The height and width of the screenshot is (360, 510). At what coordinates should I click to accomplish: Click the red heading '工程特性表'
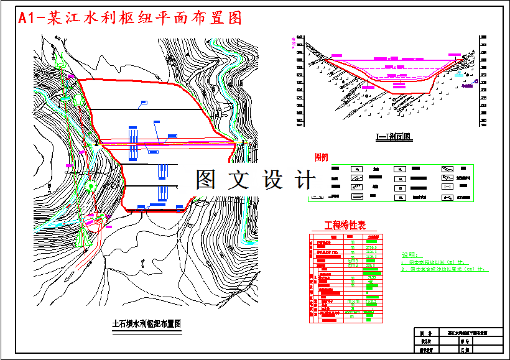click(345, 225)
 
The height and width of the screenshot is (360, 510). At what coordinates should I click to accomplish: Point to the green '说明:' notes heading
click(411, 255)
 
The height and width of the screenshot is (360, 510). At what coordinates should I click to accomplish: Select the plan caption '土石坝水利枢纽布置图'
click(146, 324)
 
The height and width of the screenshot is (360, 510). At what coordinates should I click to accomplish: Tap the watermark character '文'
click(239, 180)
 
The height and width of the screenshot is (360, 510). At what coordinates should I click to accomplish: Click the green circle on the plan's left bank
click(91, 185)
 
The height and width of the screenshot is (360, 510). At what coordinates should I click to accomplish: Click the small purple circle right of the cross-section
click(476, 81)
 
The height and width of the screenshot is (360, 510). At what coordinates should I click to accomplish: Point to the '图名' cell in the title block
click(426, 333)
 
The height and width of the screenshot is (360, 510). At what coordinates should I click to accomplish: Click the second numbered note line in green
click(445, 270)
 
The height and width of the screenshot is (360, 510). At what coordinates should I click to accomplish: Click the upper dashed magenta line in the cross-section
click(398, 68)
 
